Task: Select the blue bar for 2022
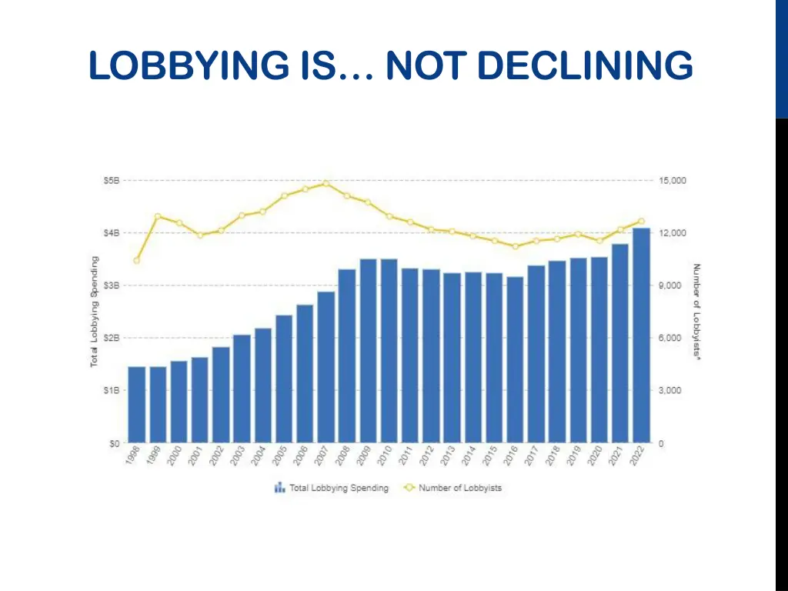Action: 641,336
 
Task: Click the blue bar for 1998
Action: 137,405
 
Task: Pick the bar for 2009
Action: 368,351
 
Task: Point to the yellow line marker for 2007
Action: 326,184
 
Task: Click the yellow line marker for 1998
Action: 137,261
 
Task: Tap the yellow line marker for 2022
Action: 641,221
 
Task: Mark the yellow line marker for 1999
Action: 158,216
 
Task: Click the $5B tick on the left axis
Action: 112,181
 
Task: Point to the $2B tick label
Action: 112,338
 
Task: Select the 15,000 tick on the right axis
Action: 673,181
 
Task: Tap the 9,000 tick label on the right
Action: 669,285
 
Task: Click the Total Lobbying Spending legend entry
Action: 332,488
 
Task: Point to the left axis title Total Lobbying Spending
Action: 94,312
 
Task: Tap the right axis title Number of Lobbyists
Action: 696,312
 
